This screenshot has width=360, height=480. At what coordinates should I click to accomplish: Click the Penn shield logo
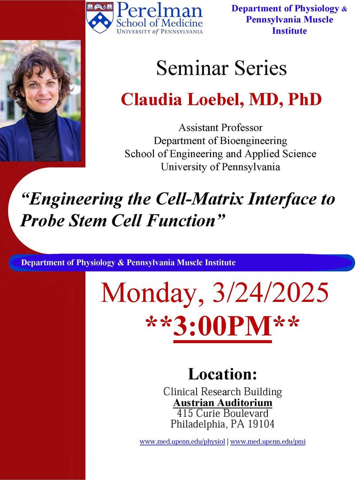pyautogui.click(x=100, y=17)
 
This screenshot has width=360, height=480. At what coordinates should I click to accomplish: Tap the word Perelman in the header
pyautogui.click(x=160, y=11)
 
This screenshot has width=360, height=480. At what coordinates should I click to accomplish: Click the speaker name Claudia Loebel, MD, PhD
pyautogui.click(x=221, y=99)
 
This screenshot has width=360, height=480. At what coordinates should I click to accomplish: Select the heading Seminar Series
pyautogui.click(x=221, y=68)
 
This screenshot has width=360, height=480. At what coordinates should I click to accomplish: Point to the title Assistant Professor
pyautogui.click(x=221, y=127)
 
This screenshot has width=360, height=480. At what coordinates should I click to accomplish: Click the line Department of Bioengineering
pyautogui.click(x=220, y=141)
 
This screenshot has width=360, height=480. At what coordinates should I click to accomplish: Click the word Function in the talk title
pyautogui.click(x=181, y=220)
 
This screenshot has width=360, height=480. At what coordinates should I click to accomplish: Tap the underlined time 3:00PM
pyautogui.click(x=223, y=327)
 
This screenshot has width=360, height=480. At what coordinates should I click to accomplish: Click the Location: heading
pyautogui.click(x=223, y=374)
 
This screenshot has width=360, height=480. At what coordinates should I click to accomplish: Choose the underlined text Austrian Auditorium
pyautogui.click(x=223, y=403)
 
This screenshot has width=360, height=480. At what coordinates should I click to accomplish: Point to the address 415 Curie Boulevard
pyautogui.click(x=223, y=413)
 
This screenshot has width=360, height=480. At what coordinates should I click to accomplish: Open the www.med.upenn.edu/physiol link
pyautogui.click(x=182, y=441)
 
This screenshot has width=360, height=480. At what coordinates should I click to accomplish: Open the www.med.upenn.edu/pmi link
pyautogui.click(x=268, y=441)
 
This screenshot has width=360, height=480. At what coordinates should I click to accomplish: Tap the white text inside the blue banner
pyautogui.click(x=128, y=263)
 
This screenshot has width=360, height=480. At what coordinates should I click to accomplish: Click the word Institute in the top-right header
pyautogui.click(x=289, y=31)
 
